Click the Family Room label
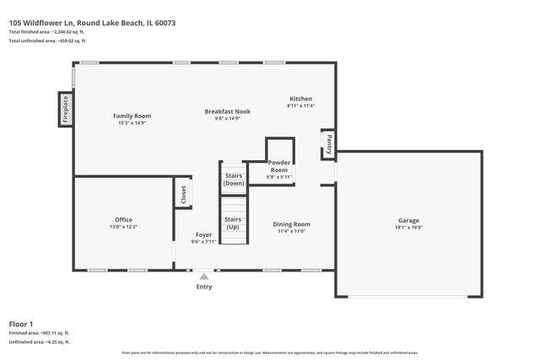pos(132,116)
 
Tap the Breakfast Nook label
pos(229,111)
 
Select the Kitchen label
pos(301,99)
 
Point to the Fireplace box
pos(65,109)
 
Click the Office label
pos(124,220)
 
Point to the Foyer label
pos(204,234)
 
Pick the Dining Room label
pos(292,224)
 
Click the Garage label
pos(408,220)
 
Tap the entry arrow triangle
pos(204,275)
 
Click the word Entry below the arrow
pos(204,287)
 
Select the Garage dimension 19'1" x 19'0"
pos(408,228)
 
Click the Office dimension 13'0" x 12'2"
pos(124,228)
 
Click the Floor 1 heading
pos(21,324)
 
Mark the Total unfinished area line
pos(48,40)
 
